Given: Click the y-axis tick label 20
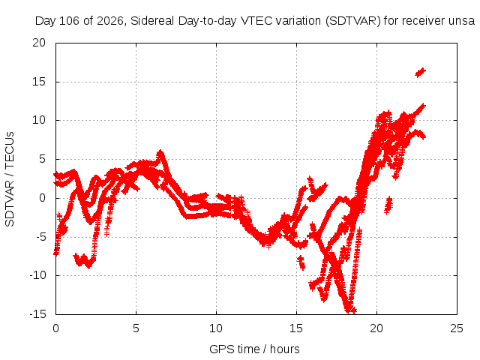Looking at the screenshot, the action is click(39, 43).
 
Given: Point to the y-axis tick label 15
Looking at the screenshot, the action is click(39, 82).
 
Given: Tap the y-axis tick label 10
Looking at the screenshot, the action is click(39, 120).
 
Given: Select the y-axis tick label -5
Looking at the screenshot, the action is click(39, 237).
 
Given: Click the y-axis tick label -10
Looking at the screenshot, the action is click(37, 275).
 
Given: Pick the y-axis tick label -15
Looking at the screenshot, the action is click(37, 314).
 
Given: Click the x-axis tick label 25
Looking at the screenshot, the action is click(457, 328).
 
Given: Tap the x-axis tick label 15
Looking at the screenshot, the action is click(296, 328).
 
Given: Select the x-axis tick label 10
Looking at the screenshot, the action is click(216, 328).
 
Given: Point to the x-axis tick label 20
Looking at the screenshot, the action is click(376, 328).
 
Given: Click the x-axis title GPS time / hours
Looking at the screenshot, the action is click(254, 349).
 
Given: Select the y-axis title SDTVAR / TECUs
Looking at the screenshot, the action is click(10, 179).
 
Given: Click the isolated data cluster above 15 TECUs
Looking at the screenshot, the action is click(420, 73).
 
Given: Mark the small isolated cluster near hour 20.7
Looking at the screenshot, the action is click(388, 205).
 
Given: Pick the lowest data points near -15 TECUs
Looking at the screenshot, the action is click(350, 310).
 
